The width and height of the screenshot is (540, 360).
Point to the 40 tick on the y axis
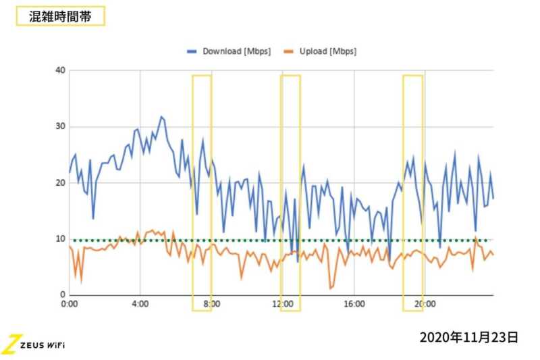pos(61,70)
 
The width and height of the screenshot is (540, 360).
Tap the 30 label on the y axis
pos(61,126)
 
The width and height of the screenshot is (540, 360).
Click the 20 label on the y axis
pos(61,182)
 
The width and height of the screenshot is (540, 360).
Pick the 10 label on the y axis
pos(61,239)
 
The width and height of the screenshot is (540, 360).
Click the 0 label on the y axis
pos(63,295)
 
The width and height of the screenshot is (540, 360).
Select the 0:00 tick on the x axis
pos(70,305)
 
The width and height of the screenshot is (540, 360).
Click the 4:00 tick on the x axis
pos(140,305)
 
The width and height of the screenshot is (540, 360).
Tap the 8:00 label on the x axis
pos(211,305)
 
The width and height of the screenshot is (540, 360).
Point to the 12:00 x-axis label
pos(282,305)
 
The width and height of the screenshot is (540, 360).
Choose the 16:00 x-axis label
pos(353,305)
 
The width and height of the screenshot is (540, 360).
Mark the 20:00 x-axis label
pos(423,305)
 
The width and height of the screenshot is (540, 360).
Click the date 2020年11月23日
pos(468,336)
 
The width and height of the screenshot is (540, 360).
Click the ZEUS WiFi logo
pos(34,344)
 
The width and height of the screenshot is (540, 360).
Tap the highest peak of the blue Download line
pos(161,117)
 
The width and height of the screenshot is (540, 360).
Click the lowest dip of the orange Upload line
pos(331,288)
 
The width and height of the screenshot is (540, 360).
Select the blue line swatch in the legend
pos(192,52)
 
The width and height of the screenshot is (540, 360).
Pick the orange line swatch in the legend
pos(288,52)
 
